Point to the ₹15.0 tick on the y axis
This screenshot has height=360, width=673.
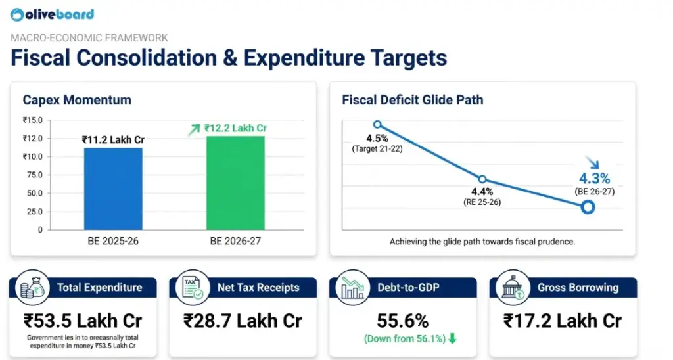click(x=32, y=120)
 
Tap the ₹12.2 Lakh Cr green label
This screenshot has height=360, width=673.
click(x=235, y=128)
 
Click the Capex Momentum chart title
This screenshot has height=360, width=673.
click(x=77, y=100)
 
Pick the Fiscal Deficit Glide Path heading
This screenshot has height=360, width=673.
click(x=412, y=100)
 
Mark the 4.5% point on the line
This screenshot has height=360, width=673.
click(x=377, y=124)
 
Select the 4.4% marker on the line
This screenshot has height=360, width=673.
click(x=482, y=179)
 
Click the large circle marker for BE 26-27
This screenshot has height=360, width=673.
click(x=588, y=208)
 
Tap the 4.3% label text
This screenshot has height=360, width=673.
click(x=594, y=178)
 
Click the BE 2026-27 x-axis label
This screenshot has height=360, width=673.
click(x=235, y=241)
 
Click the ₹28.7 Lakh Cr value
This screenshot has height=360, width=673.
click(x=243, y=321)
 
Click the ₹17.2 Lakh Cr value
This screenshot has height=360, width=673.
click(x=562, y=321)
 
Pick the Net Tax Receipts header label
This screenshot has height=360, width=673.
click(x=258, y=288)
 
